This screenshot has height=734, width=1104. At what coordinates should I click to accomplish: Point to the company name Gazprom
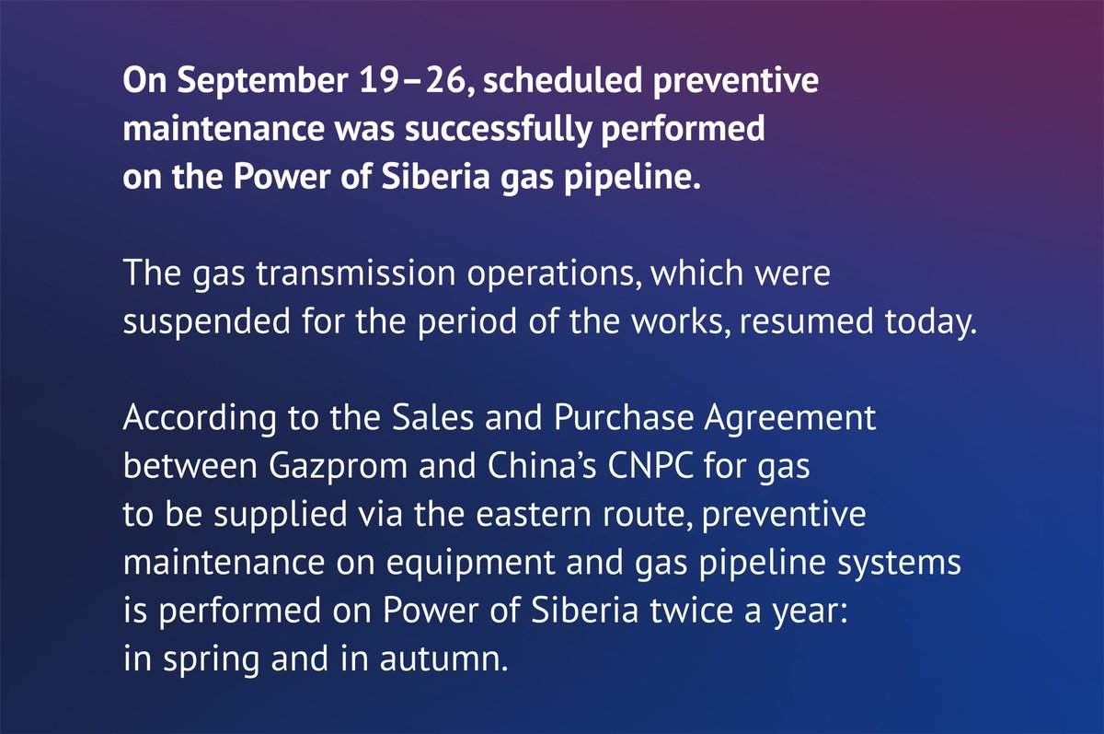311,467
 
